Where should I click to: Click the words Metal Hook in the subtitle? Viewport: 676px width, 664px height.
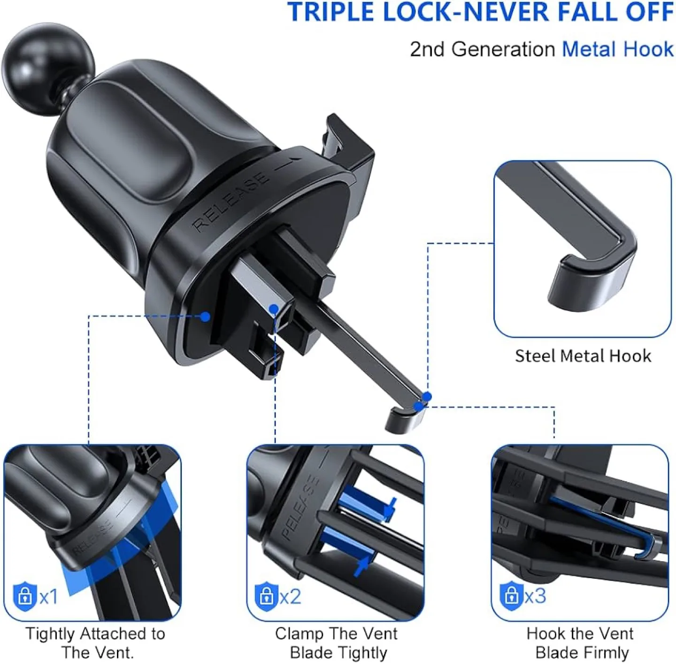[617, 49]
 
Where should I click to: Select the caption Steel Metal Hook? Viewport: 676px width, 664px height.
[583, 356]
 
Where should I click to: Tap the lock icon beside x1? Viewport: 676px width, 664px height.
[24, 596]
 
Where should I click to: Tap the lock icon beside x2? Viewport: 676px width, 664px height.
[266, 595]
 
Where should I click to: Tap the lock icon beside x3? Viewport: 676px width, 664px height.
[511, 595]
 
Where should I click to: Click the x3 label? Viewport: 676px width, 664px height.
[535, 595]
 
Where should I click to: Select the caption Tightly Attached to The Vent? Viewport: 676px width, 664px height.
[95, 643]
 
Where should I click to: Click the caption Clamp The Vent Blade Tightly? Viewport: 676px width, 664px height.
[336, 643]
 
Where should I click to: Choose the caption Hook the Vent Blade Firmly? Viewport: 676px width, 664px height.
[580, 643]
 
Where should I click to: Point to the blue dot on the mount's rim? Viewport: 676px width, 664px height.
[205, 317]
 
